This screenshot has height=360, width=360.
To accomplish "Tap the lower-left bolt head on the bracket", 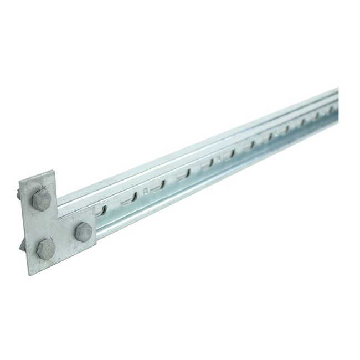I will point(45,249).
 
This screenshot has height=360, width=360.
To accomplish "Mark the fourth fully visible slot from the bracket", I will point(208,163).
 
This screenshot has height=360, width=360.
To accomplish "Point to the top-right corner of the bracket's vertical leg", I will point(54,171).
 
